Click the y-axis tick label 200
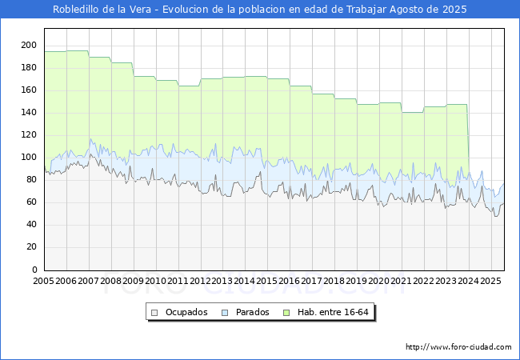[x=29, y=45]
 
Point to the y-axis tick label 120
[x=29, y=134]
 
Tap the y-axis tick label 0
[x=34, y=270]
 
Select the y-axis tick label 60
[x=31, y=202]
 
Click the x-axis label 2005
[x=44, y=281]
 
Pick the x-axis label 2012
[x=200, y=281]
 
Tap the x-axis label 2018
[x=334, y=281]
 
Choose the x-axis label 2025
[x=490, y=281]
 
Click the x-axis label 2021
[x=402, y=281]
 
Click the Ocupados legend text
[x=186, y=312]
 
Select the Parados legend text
[x=252, y=312]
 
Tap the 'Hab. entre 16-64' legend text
[x=333, y=312]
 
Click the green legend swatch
[x=286, y=313]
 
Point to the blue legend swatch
[x=225, y=313]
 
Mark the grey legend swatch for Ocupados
[x=154, y=313]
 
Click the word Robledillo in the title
[x=76, y=10]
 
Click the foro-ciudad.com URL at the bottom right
[x=458, y=346]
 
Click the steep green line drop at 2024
[x=468, y=139]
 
